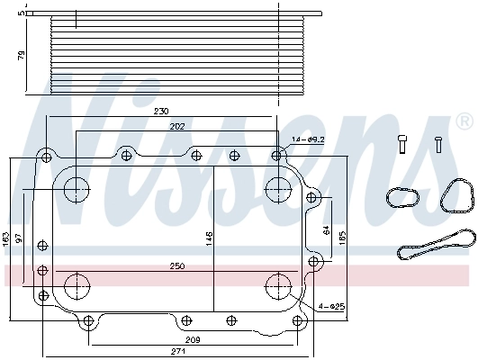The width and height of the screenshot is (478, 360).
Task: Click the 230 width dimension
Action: pos(160,112)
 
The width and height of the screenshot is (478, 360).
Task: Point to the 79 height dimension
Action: pos(23,56)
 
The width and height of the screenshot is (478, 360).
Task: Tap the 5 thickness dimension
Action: pos(23,13)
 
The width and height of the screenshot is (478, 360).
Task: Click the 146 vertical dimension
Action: pos(208,238)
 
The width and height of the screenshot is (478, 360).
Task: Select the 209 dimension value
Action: pos(193,339)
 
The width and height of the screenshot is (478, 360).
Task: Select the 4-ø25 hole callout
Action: pos(329,307)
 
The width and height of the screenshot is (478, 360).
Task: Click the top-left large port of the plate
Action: pos(77,188)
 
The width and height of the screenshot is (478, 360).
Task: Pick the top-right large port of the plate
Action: pos(278,188)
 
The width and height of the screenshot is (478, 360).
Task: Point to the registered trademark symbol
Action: pos(464,120)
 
